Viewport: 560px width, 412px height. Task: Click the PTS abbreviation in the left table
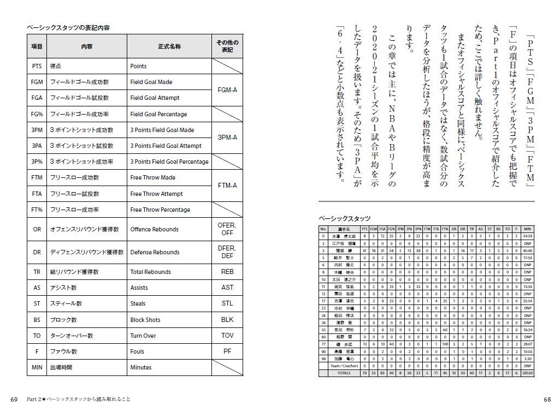(x=37, y=66)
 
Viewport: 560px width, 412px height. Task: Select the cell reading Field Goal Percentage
(x=158, y=114)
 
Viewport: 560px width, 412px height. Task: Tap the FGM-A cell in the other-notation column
(x=227, y=90)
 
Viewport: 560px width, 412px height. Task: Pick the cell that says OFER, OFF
(x=227, y=229)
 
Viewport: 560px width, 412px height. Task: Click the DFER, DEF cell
(x=227, y=252)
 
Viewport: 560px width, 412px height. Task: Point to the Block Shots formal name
(x=145, y=320)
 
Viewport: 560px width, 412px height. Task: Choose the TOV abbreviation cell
(x=227, y=336)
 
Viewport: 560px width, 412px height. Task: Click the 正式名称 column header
(x=169, y=47)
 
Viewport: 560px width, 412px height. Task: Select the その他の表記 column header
(x=227, y=46)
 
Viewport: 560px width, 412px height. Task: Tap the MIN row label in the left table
(x=37, y=367)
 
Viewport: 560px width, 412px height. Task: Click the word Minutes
(x=141, y=367)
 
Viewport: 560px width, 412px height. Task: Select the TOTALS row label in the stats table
(x=343, y=373)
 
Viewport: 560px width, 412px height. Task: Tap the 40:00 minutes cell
(x=527, y=250)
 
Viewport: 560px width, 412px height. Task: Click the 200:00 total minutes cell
(x=527, y=373)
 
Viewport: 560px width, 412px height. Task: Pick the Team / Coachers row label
(x=343, y=366)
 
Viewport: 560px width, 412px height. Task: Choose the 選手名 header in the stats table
(x=343, y=229)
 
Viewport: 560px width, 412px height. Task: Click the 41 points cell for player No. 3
(x=364, y=250)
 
